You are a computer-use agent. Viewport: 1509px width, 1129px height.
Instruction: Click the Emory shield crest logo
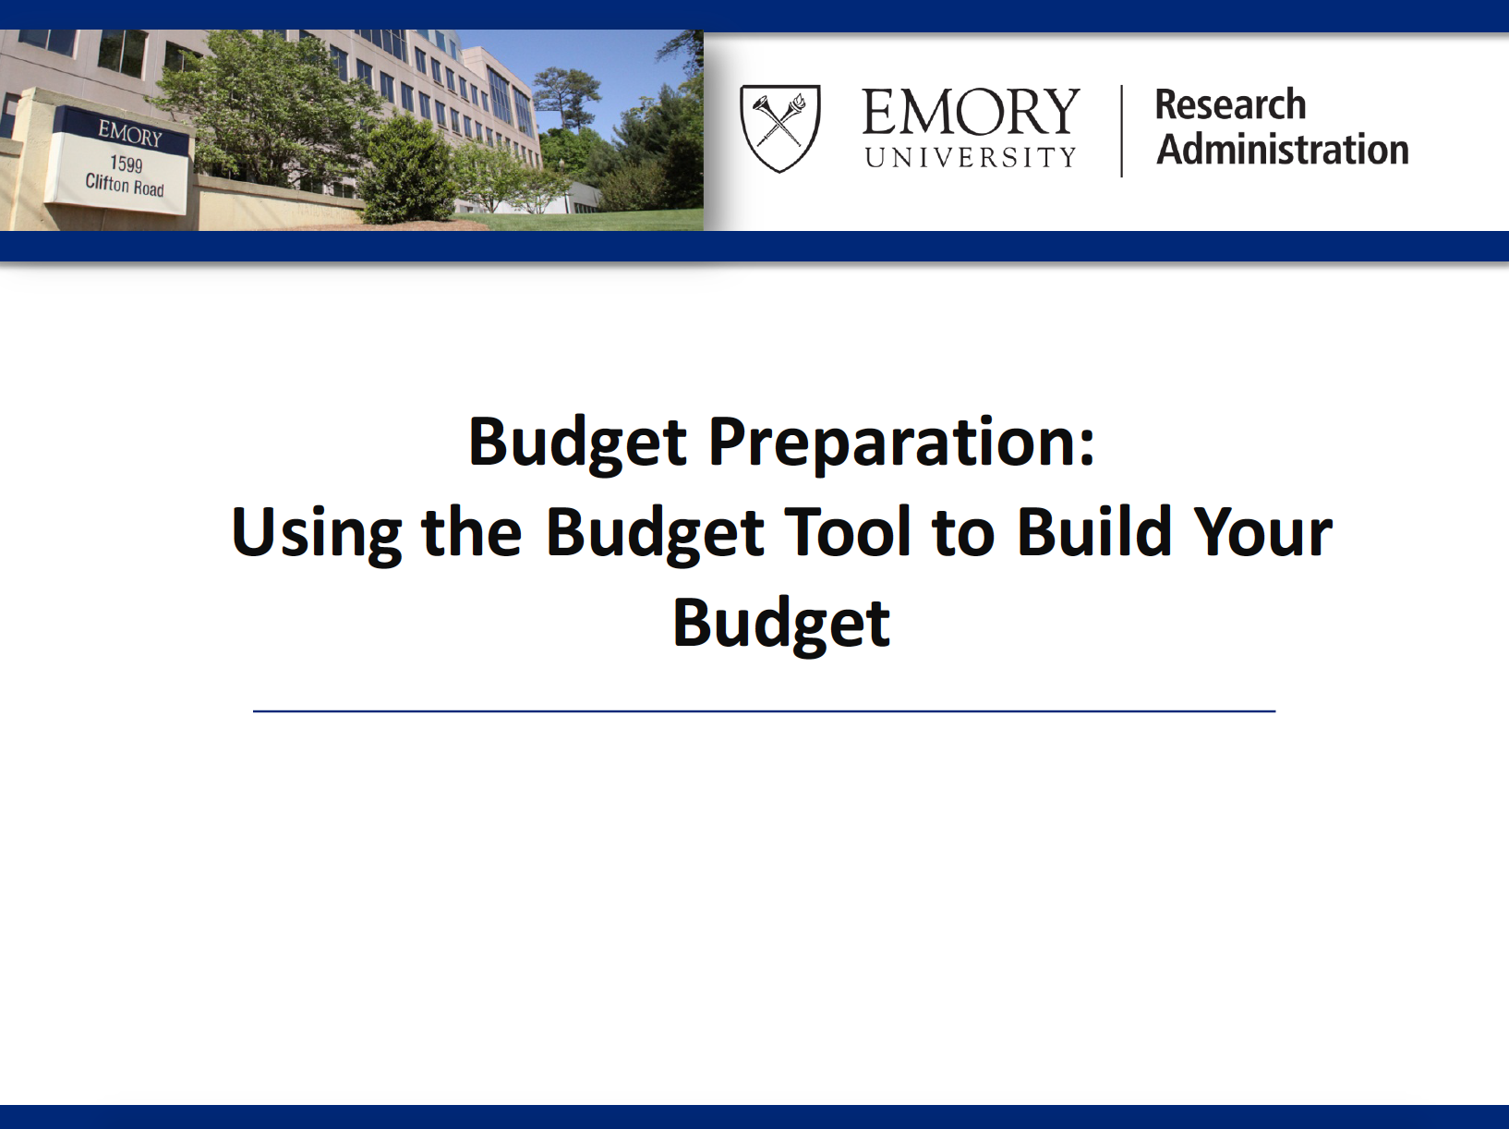click(x=780, y=127)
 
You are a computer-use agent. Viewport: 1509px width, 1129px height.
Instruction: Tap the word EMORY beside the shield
click(x=970, y=112)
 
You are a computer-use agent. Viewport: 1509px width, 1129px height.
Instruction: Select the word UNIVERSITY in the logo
click(x=970, y=157)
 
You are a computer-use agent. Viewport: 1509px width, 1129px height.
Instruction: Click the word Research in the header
click(x=1230, y=104)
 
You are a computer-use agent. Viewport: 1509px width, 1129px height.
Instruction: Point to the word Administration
click(x=1282, y=149)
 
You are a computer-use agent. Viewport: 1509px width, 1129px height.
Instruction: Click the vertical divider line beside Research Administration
click(x=1122, y=130)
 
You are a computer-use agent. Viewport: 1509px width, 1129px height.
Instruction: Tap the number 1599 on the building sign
click(x=127, y=164)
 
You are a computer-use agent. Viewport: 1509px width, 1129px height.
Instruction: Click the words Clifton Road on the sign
click(x=125, y=185)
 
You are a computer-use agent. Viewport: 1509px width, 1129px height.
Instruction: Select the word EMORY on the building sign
click(x=130, y=133)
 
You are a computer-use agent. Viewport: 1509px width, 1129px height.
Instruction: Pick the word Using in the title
click(x=316, y=534)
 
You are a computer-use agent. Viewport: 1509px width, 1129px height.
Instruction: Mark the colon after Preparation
click(x=1086, y=450)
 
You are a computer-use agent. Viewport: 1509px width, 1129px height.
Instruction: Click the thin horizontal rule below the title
click(x=764, y=711)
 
